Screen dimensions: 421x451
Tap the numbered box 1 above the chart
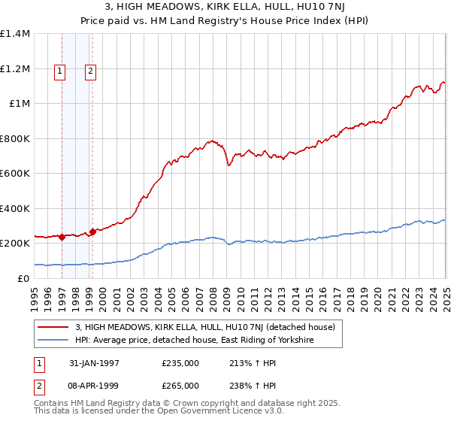60,72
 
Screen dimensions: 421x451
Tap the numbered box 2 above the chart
90,72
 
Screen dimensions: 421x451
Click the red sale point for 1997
62,238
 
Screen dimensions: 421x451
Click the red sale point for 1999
92,232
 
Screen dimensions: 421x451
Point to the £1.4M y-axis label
15,34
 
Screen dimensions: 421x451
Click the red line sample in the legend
52,327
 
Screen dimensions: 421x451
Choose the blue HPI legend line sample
52,341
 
